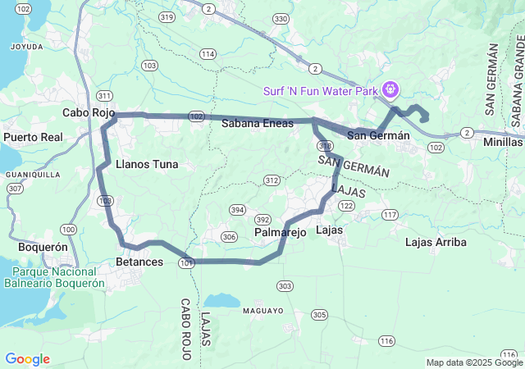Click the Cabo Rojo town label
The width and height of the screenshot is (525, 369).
pyautogui.click(x=88, y=113)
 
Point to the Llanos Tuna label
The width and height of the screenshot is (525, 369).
pyautogui.click(x=147, y=164)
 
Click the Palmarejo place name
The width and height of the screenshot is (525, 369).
pyautogui.click(x=280, y=233)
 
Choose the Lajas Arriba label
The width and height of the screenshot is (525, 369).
pyautogui.click(x=436, y=242)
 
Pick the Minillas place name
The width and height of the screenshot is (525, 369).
pyautogui.click(x=502, y=141)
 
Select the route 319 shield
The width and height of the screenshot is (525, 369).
pyautogui.click(x=167, y=16)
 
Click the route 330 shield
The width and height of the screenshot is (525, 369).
pyautogui.click(x=281, y=18)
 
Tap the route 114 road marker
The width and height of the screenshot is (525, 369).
pyautogui.click(x=208, y=54)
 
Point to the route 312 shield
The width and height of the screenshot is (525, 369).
pyautogui.click(x=272, y=180)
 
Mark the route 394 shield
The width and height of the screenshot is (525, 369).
pyautogui.click(x=237, y=209)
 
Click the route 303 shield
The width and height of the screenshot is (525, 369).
pyautogui.click(x=285, y=285)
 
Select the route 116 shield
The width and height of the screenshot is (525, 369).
pyautogui.click(x=386, y=340)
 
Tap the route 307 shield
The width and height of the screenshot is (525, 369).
pyautogui.click(x=14, y=188)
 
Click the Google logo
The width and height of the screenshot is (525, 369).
pyautogui.click(x=27, y=359)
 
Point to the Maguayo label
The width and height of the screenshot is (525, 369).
pyautogui.click(x=262, y=311)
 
